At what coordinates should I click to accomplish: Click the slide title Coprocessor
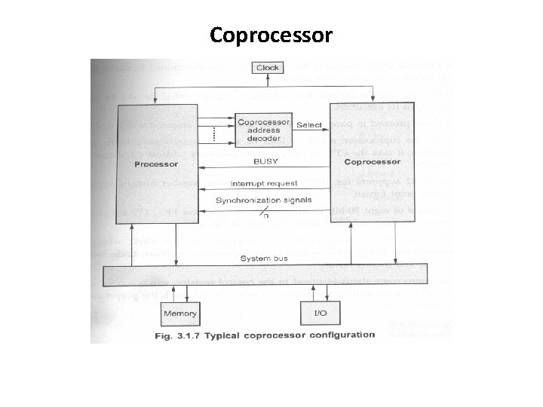pyautogui.click(x=271, y=35)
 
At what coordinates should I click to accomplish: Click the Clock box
pyautogui.click(x=268, y=68)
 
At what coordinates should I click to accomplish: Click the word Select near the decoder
pyautogui.click(x=309, y=124)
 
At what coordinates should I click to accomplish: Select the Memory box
pyautogui.click(x=179, y=313)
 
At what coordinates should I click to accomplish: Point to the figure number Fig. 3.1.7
pyautogui.click(x=179, y=335)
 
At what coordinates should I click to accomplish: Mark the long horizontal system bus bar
pyautogui.click(x=264, y=274)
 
